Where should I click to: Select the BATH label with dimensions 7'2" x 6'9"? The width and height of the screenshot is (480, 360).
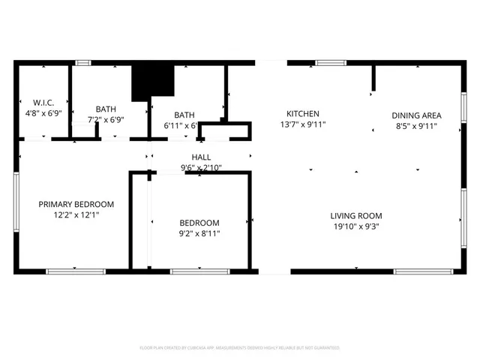pyautogui.click(x=105, y=108)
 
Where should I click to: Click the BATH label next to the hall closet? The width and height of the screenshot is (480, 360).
pyautogui.click(x=184, y=115)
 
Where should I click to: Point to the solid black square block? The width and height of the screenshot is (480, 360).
pyautogui.click(x=152, y=82)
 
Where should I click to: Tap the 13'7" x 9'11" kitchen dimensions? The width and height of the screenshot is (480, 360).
pyautogui.click(x=303, y=124)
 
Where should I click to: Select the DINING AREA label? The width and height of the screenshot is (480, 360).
pyautogui.click(x=416, y=115)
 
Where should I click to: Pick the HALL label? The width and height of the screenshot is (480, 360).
pyautogui.click(x=200, y=157)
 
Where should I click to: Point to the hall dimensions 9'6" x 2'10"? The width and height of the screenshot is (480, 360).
pyautogui.click(x=200, y=167)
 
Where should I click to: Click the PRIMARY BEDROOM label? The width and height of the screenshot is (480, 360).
pyautogui.click(x=76, y=204)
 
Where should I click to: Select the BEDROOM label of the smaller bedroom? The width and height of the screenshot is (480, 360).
pyautogui.click(x=199, y=223)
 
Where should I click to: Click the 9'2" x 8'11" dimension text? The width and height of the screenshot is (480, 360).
pyautogui.click(x=199, y=234)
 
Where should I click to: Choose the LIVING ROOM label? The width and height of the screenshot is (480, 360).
pyautogui.click(x=361, y=216)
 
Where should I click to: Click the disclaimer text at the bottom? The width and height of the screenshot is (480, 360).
pyautogui.click(x=240, y=348)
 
